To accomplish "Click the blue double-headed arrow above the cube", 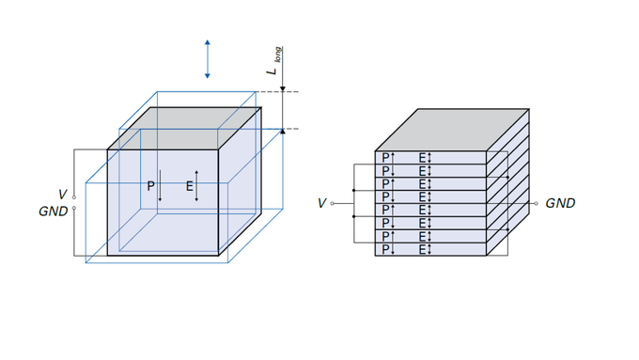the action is pyautogui.click(x=208, y=59).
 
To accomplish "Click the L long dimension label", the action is pyautogui.click(x=274, y=61).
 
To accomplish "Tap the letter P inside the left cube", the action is pyautogui.click(x=150, y=186).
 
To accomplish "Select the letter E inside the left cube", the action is pyautogui.click(x=190, y=186).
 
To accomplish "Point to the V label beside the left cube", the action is pyautogui.click(x=62, y=195).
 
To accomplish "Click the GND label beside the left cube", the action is pyautogui.click(x=54, y=211).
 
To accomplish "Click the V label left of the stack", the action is pyautogui.click(x=322, y=203).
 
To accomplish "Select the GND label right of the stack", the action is pyautogui.click(x=560, y=203).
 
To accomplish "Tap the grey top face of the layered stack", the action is pyautogui.click(x=452, y=130).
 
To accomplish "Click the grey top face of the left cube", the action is pyautogui.click(x=184, y=129).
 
